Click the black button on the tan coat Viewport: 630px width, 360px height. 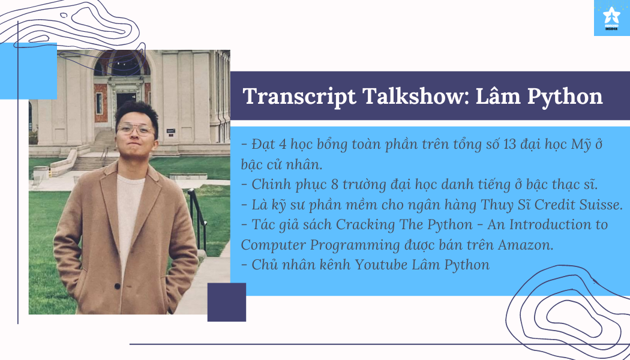pyautogui.click(x=118, y=286)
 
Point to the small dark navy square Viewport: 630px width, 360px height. pyautogui.click(x=227, y=302)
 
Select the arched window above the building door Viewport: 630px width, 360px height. pyautogui.click(x=122, y=64)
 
